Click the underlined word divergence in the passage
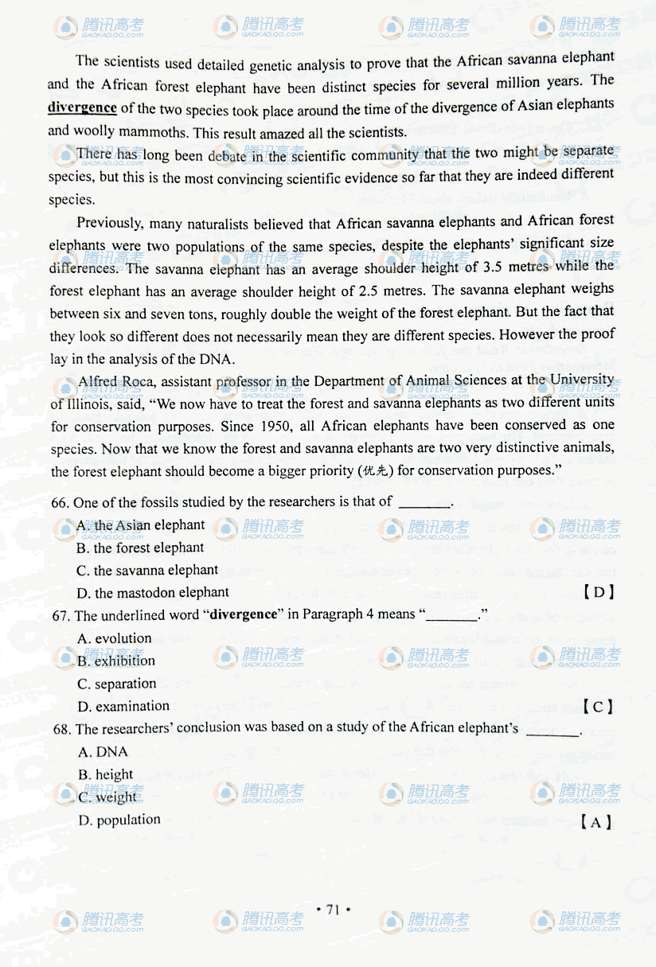pyautogui.click(x=82, y=107)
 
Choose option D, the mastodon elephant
pyautogui.click(x=153, y=593)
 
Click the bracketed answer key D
pyautogui.click(x=598, y=592)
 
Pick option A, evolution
pyautogui.click(x=115, y=638)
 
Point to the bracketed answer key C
pyautogui.click(x=597, y=706)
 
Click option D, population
pyautogui.click(x=119, y=821)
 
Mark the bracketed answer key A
pyautogui.click(x=595, y=822)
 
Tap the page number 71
pyautogui.click(x=333, y=910)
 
